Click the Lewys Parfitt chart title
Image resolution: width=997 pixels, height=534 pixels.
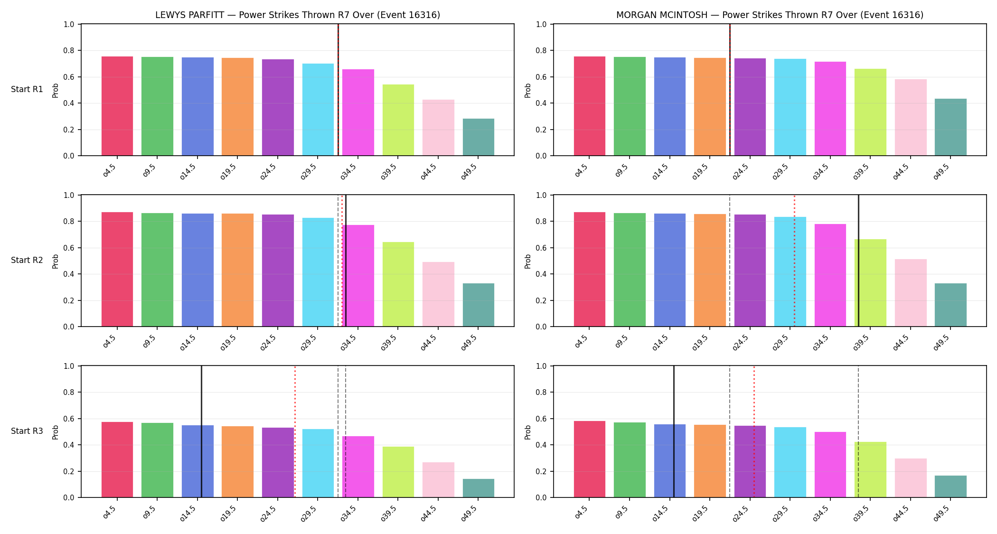tap(298, 15)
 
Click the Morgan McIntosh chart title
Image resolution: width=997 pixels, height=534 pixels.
tap(770, 15)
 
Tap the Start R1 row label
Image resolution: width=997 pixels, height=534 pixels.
tap(27, 89)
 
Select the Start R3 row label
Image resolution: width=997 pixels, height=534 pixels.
tap(27, 431)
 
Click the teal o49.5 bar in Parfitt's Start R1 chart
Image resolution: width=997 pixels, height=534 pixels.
tap(479, 137)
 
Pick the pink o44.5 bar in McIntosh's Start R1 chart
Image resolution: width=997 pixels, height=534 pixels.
tap(911, 117)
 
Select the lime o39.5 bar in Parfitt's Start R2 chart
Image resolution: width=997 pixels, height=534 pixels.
tap(398, 284)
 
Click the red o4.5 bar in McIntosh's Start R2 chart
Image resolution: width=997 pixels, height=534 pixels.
tap(590, 269)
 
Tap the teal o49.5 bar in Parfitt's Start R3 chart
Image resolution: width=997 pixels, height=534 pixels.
tap(479, 488)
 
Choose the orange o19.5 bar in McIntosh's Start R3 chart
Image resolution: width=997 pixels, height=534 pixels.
tap(710, 461)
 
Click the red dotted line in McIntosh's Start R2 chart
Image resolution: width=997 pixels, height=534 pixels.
tap(794, 261)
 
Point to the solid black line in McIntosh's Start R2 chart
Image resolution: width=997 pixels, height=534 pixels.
tap(858, 261)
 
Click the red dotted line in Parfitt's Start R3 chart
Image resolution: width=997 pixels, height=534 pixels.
tap(295, 431)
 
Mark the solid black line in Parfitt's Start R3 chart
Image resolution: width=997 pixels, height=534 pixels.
tap(201, 431)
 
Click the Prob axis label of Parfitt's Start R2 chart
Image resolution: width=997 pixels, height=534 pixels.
tap(56, 261)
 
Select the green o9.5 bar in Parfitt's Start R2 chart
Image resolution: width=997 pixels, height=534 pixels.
tap(158, 270)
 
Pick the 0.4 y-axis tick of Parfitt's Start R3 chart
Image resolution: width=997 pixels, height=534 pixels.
tap(69, 445)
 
